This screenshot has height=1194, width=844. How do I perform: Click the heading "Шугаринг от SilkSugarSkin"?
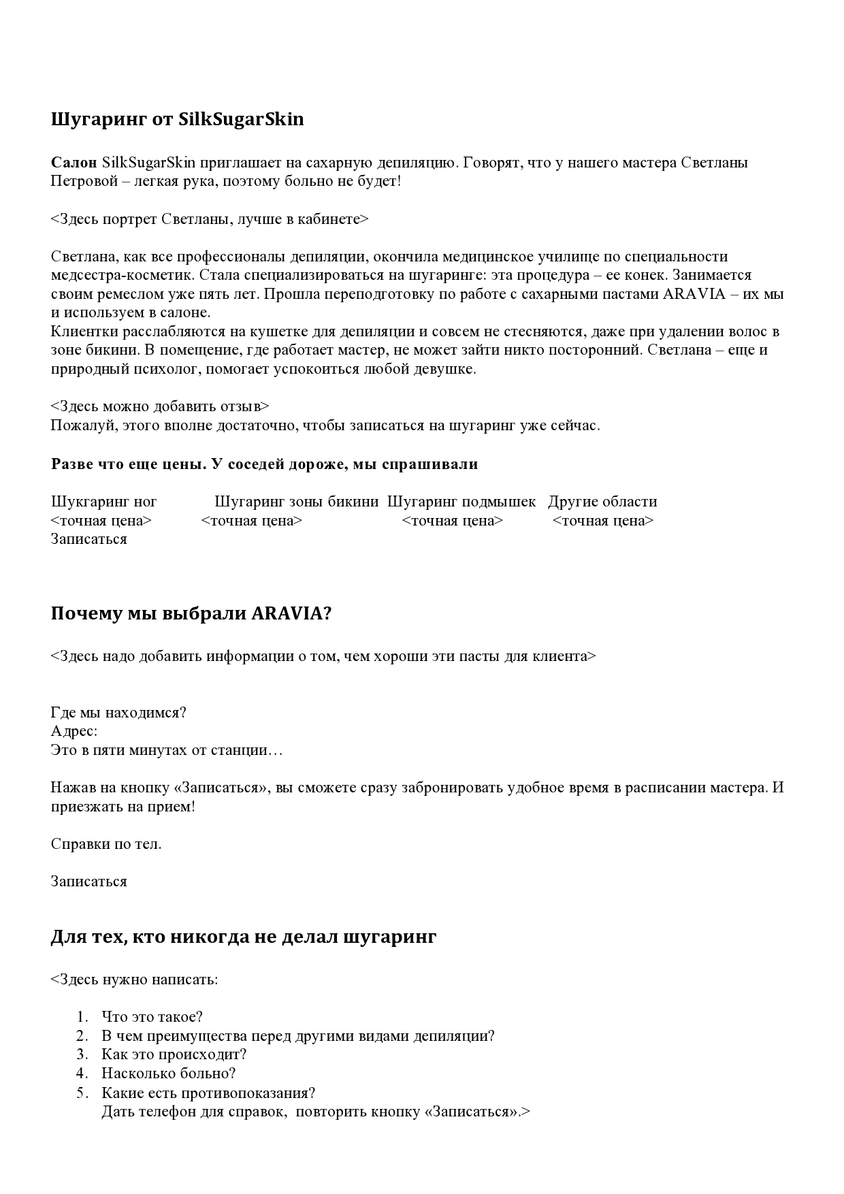[x=177, y=120]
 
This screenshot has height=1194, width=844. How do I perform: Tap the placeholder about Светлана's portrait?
[x=209, y=219]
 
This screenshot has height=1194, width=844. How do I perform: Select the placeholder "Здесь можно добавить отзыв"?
[x=160, y=406]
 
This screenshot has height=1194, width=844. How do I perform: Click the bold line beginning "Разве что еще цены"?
[x=264, y=464]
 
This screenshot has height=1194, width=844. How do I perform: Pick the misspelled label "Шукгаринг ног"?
[x=103, y=502]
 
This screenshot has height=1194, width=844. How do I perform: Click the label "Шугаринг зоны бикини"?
[x=296, y=502]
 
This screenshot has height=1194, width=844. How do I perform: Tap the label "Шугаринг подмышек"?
[x=461, y=502]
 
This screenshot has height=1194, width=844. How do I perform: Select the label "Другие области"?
[x=602, y=502]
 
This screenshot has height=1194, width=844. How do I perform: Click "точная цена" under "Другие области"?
[x=603, y=521]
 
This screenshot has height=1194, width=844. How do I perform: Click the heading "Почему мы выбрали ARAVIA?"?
[x=191, y=614]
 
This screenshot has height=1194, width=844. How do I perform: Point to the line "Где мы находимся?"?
[x=118, y=713]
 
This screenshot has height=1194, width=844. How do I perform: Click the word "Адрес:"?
[x=74, y=731]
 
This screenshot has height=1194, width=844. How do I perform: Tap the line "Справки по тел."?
[x=106, y=844]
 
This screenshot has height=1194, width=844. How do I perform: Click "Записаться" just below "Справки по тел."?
[x=88, y=882]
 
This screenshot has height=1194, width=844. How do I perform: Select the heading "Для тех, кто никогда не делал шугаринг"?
[x=243, y=937]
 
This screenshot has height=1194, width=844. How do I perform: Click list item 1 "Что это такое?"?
[x=152, y=1017]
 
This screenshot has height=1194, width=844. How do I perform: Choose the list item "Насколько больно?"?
[x=168, y=1074]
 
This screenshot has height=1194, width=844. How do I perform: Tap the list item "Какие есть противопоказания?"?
[x=208, y=1093]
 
